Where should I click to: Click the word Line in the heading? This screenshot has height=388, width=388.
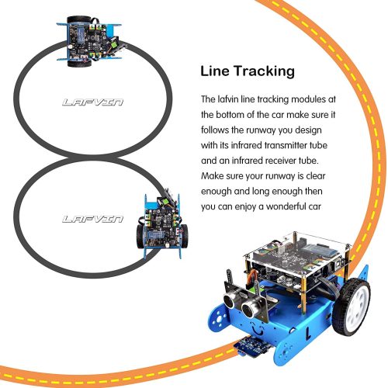[x=215, y=71]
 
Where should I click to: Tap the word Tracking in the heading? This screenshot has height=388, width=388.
[x=264, y=71]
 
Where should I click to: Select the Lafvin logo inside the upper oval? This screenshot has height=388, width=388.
[x=92, y=102]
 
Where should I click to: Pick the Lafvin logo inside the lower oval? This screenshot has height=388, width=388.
[x=92, y=220]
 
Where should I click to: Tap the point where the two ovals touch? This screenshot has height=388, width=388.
[x=93, y=158]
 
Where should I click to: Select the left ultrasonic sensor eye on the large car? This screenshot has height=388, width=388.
[x=230, y=301]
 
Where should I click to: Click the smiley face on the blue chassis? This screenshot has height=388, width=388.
[x=258, y=329]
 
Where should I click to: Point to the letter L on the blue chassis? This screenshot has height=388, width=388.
[x=308, y=334]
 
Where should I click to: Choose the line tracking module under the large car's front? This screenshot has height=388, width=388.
[x=252, y=348]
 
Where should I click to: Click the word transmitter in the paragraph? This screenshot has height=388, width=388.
[x=286, y=145]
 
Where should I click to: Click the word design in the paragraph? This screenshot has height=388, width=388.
[x=308, y=130]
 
